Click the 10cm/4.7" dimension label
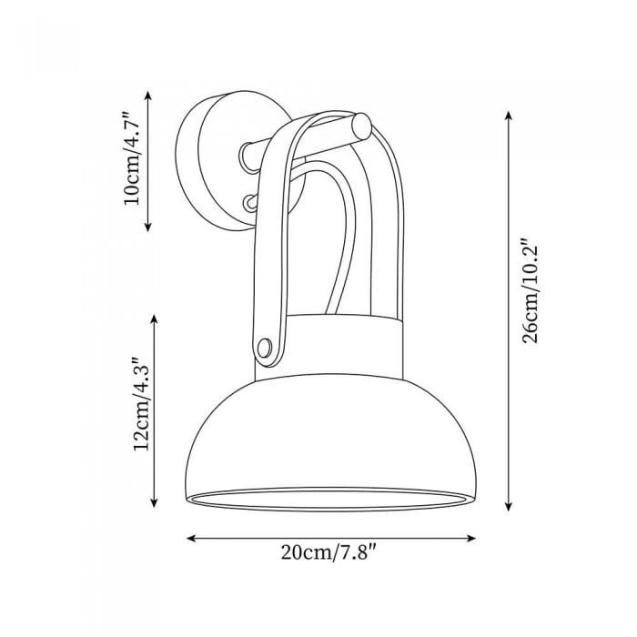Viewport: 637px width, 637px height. [133, 159]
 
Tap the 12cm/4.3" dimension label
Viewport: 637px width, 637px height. [142, 404]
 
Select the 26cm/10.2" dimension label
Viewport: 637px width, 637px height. [531, 294]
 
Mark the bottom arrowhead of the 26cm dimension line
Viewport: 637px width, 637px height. [508, 507]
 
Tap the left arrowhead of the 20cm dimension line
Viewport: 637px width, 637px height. [191, 539]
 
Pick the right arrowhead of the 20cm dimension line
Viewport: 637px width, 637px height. [471, 539]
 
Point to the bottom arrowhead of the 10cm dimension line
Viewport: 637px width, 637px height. [147, 227]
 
